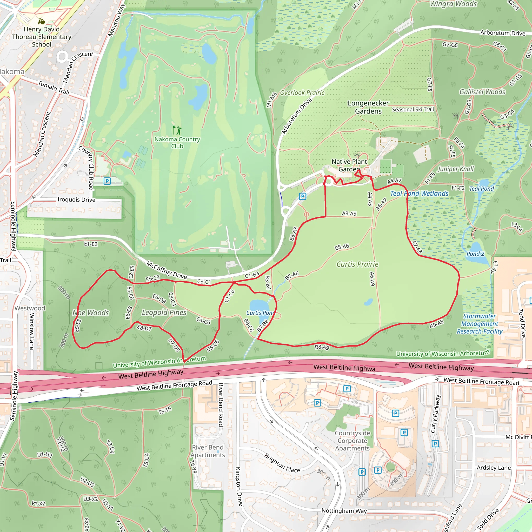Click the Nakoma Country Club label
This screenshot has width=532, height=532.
click(x=177, y=143)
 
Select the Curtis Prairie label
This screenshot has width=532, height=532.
click(x=357, y=264)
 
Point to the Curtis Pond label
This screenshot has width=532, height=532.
click(x=260, y=313)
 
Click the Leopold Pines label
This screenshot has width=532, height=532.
click(x=164, y=312)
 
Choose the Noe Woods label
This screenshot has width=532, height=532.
click(x=91, y=313)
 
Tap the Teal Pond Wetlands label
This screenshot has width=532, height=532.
click(x=419, y=194)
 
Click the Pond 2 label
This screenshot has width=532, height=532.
click(x=475, y=254)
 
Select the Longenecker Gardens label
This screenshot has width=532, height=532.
click(x=368, y=107)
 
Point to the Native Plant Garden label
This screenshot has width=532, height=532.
click(x=349, y=165)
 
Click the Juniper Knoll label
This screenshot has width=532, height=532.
click(x=456, y=169)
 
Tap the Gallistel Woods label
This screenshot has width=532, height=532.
click(x=482, y=92)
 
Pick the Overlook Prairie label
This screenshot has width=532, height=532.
click(x=302, y=93)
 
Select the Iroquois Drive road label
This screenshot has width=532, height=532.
click(x=76, y=200)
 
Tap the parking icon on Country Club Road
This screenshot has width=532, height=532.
click(x=107, y=181)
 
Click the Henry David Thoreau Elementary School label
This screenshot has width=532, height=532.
click(x=42, y=37)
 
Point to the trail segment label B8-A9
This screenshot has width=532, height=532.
click(x=322, y=347)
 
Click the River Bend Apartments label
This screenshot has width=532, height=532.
click(x=208, y=451)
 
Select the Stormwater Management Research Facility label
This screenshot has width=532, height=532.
click(x=480, y=324)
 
